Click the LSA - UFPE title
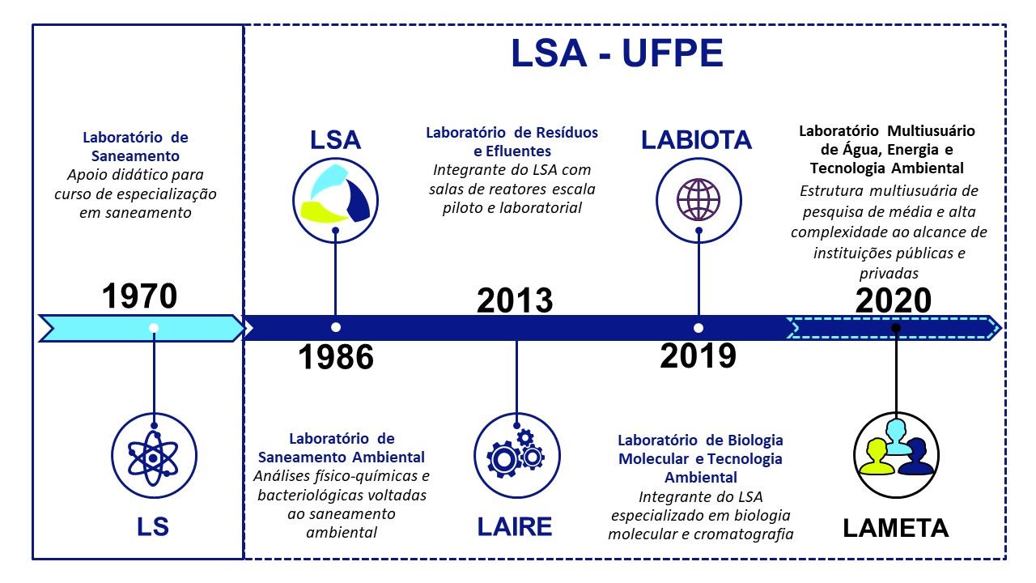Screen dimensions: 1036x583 coord(617,53)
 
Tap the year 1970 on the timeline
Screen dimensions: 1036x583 coord(139,296)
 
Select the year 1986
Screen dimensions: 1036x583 coord(336,357)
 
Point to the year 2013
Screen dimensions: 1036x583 coord(515,300)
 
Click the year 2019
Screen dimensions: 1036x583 coord(698,355)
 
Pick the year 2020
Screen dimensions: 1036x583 coord(893,300)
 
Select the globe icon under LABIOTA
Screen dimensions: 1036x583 coord(698,200)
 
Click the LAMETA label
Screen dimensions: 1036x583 coord(896,529)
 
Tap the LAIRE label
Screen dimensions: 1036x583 coord(515,527)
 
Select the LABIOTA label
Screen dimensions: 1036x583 coord(697,140)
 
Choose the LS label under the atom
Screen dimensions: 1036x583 coord(153,527)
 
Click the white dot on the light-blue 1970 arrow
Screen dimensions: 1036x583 coord(154,328)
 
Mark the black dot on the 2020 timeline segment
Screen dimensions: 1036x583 coord(896,328)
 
